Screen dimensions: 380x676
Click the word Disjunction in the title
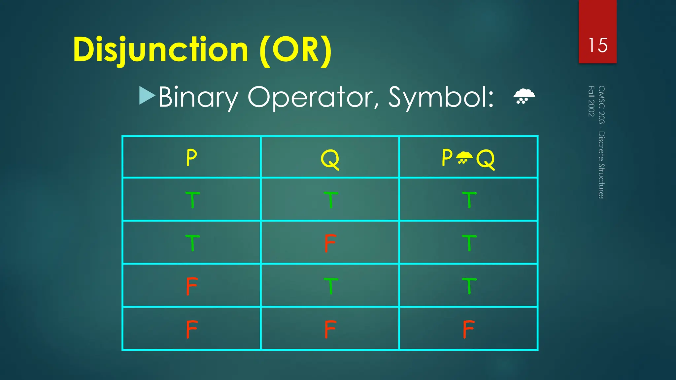160,50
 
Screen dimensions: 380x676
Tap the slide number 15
598,45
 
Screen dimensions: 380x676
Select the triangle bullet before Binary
147,96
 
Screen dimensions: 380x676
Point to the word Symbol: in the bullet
441,98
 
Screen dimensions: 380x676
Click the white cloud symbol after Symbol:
524,96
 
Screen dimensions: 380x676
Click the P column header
191,158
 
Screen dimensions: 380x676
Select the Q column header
330,159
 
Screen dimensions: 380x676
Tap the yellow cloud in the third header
464,157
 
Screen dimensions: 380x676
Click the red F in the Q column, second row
330,243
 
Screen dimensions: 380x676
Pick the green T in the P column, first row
192,200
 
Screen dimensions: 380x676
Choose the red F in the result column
468,329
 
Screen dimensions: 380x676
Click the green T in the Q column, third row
331,286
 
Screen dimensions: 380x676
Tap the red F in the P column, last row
192,329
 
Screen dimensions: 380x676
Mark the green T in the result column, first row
469,200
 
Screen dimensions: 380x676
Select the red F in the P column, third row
192,286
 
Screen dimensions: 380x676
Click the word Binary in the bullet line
198,98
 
